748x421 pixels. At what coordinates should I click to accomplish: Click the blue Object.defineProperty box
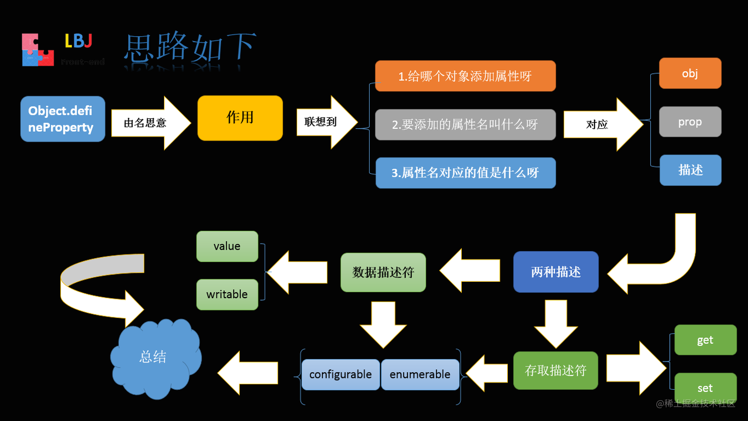[62, 119]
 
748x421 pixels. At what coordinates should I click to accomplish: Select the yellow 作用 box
[240, 118]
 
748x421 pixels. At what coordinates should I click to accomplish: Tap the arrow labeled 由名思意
[149, 123]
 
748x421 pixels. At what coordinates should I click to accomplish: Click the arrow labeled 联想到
[325, 122]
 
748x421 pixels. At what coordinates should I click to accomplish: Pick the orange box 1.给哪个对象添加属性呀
[465, 76]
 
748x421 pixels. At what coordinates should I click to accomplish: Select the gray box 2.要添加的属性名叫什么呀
[465, 124]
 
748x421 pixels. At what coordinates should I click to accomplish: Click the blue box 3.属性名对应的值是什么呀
[465, 173]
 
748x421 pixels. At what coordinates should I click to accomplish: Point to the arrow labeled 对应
[601, 124]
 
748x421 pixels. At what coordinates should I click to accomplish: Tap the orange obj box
[690, 73]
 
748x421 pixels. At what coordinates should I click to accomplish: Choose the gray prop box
[690, 121]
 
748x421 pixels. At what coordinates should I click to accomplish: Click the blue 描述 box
[690, 170]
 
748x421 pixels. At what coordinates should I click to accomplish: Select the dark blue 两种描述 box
[556, 272]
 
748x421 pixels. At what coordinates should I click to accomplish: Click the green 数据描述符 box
[383, 272]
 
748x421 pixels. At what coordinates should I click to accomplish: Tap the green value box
[227, 246]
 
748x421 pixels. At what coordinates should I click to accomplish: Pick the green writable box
[227, 294]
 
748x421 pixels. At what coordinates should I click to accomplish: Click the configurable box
[340, 374]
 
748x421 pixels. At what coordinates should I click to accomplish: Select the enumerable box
[420, 374]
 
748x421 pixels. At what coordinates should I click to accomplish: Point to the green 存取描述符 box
[555, 370]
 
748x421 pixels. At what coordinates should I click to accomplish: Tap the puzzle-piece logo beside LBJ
[38, 50]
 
